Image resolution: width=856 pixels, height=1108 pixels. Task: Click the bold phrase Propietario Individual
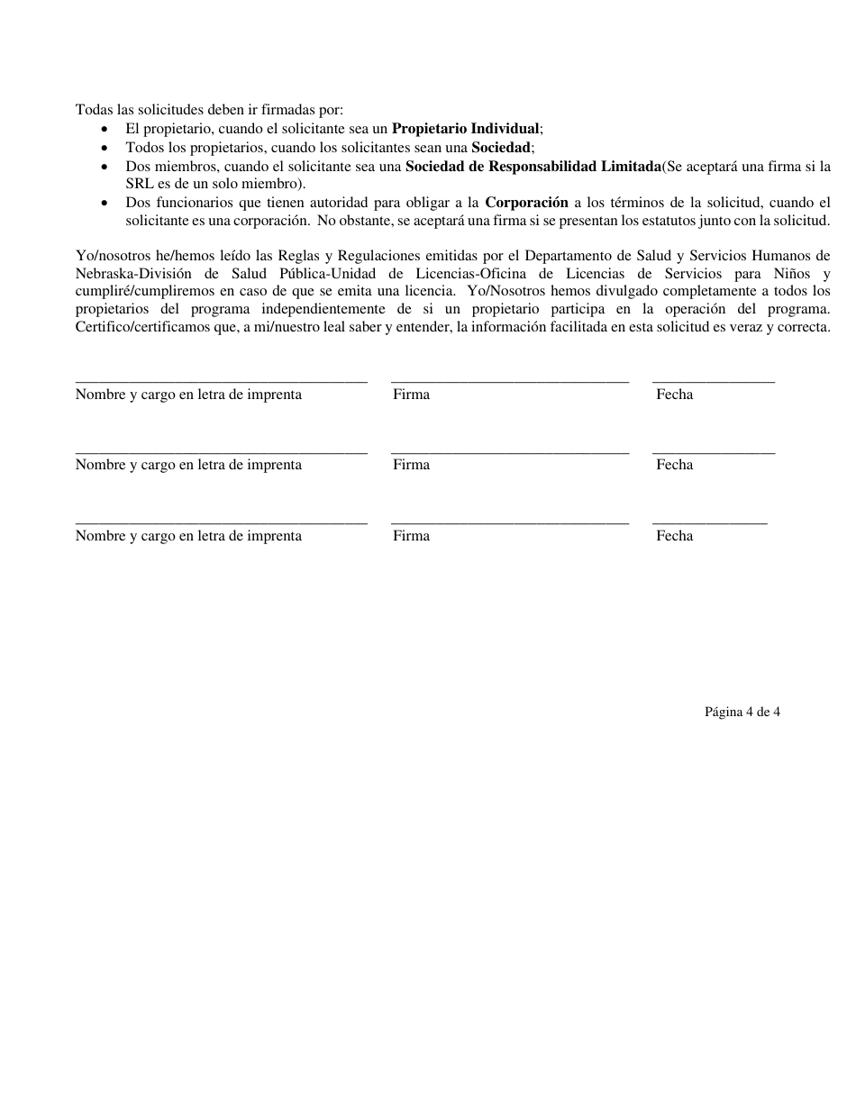466,129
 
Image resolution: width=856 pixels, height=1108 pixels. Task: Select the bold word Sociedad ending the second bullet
502,147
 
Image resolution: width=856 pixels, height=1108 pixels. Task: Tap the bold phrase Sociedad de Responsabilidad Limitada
533,166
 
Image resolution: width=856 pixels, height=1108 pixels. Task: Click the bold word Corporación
526,202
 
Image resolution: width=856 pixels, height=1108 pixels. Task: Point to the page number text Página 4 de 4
742,712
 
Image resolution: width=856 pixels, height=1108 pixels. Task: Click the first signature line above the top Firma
509,382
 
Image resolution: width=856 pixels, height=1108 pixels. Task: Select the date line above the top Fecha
713,382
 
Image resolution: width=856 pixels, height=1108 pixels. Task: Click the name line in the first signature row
221,382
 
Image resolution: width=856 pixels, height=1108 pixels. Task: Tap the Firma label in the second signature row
411,465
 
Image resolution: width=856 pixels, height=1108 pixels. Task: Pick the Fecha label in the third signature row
674,536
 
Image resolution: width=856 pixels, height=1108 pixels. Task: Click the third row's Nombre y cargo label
188,536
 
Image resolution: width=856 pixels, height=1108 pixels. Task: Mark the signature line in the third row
509,522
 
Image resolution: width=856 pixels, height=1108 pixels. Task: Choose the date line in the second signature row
713,452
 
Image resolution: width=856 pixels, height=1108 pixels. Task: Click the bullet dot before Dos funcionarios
108,203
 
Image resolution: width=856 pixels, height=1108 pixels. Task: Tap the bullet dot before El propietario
108,130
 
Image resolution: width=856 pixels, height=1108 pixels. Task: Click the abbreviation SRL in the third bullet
140,184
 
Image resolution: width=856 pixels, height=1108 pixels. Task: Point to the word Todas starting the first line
95,110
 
